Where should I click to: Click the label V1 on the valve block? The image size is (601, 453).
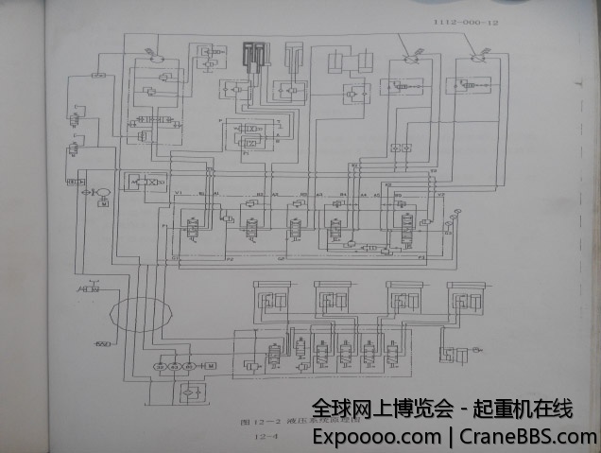(x=178, y=193)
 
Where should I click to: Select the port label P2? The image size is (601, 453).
(x=230, y=256)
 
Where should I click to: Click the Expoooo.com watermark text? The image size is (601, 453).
(x=375, y=438)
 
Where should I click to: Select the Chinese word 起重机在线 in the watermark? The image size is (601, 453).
(x=529, y=409)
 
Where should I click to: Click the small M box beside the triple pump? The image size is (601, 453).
(x=211, y=365)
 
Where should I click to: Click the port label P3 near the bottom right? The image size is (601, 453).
(x=421, y=256)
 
